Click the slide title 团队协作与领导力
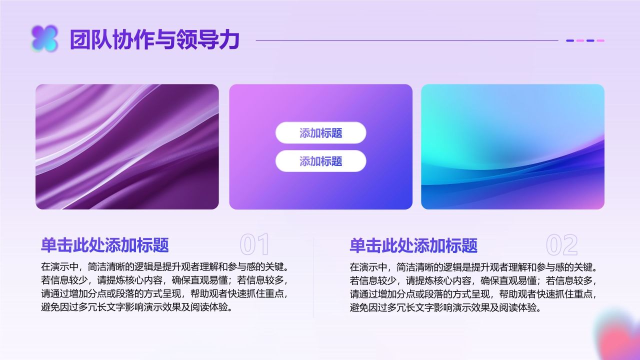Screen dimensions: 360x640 (x=154, y=40)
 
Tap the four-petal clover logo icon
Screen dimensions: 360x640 (x=44, y=39)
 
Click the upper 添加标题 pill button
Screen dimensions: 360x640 (x=320, y=133)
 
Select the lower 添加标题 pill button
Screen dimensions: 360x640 (x=320, y=161)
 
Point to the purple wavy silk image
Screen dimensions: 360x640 (x=127, y=146)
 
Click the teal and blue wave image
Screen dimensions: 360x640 (x=512, y=146)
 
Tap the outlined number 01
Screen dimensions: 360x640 (x=254, y=245)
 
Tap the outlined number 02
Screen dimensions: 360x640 (x=561, y=245)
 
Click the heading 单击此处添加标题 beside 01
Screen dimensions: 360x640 (x=105, y=245)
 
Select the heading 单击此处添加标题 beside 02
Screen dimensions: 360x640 (x=413, y=245)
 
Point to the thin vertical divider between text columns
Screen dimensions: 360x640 (x=313, y=277)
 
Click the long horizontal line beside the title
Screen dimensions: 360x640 (x=406, y=40)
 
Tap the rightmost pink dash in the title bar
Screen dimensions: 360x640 (x=600, y=40)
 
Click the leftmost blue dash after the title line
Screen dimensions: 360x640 (x=570, y=40)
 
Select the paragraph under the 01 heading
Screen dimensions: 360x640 (x=165, y=286)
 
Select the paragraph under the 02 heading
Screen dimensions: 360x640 (x=473, y=286)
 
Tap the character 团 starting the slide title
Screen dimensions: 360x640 (x=79, y=40)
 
